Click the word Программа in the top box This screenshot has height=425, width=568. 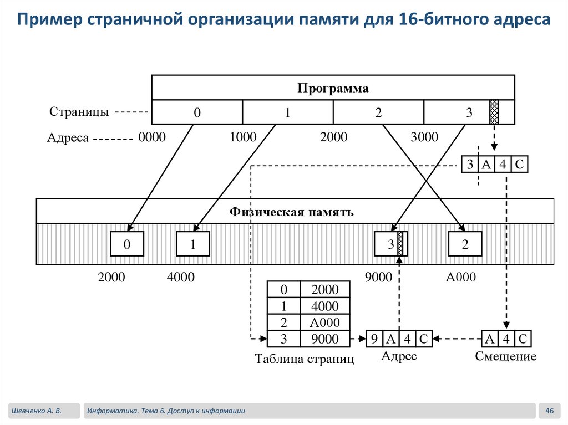(x=333, y=88)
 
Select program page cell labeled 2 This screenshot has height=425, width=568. (x=378, y=112)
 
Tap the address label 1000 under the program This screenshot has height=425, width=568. (x=243, y=137)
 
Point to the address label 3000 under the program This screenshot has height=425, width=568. (x=424, y=137)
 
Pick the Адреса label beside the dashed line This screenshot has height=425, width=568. (x=68, y=137)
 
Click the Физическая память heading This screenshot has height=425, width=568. (x=291, y=212)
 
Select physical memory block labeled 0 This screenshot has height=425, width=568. (x=126, y=244)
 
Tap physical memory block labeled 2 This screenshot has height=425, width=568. (x=465, y=244)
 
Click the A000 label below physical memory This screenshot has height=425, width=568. (x=460, y=277)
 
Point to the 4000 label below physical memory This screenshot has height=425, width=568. (x=180, y=277)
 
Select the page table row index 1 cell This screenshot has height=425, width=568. (x=283, y=306)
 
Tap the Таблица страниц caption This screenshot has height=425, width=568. (x=304, y=359)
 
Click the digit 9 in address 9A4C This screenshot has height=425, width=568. (x=374, y=338)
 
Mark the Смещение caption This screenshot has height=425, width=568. (x=506, y=356)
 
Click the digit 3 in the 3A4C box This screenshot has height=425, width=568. (x=470, y=164)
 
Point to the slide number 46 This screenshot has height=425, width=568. (x=550, y=411)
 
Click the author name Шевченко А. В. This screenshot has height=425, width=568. (x=36, y=411)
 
